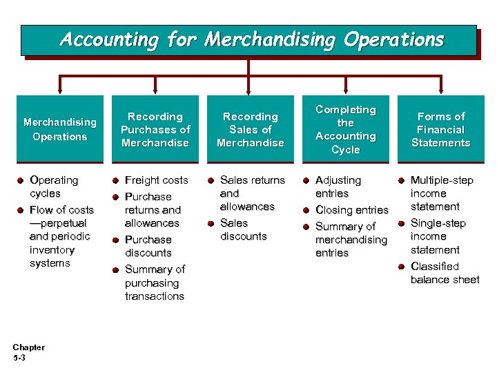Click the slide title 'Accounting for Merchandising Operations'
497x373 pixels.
tap(252, 39)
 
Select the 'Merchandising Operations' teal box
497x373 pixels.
tap(60, 129)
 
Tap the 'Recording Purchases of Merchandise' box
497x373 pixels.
tap(155, 129)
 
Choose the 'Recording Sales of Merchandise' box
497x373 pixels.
tap(251, 129)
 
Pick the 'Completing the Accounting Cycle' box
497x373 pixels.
tap(345, 129)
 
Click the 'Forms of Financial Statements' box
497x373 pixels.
tap(440, 129)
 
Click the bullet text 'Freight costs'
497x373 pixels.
tap(157, 180)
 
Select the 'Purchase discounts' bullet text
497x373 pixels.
tap(148, 246)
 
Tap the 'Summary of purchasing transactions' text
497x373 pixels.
tap(155, 283)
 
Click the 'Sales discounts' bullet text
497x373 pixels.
tap(243, 229)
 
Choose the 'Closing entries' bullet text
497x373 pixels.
tap(352, 210)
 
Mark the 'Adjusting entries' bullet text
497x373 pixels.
tap(338, 186)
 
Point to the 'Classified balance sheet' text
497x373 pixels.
tap(445, 273)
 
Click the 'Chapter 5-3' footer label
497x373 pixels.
tap(28, 352)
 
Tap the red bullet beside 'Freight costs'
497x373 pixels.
tap(116, 181)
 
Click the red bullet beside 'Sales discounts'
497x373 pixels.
tap(211, 223)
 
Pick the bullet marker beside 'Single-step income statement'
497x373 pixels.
tap(402, 224)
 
